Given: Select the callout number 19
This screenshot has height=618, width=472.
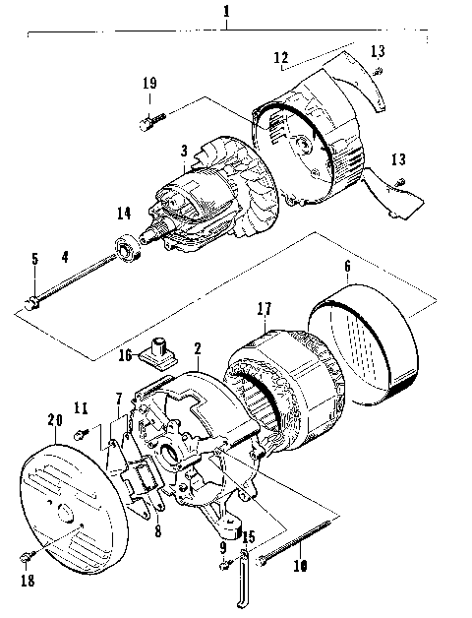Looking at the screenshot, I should coord(147,86).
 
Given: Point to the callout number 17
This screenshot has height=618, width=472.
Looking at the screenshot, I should coord(263,308).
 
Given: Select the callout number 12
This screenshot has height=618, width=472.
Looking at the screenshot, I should coord(280,59).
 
